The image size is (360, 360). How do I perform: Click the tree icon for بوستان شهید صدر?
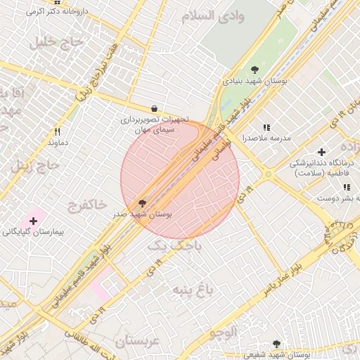coord(143,202)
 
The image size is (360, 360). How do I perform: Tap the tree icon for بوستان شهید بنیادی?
coord(255,70)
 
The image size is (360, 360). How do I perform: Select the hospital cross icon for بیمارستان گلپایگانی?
coord(32,221)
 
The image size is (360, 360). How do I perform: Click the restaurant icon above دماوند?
coord(58,131)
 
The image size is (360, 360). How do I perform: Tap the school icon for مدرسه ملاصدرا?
coord(266,127)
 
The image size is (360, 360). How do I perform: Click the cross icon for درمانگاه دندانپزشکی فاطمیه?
coord(321,152)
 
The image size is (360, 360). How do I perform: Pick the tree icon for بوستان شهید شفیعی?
coord(276,345)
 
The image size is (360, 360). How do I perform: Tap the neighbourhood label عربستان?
coord(138,342)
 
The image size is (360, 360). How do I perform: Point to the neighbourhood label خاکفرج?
coord(87,205)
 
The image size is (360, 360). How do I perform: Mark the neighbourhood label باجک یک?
coord(174,246)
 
